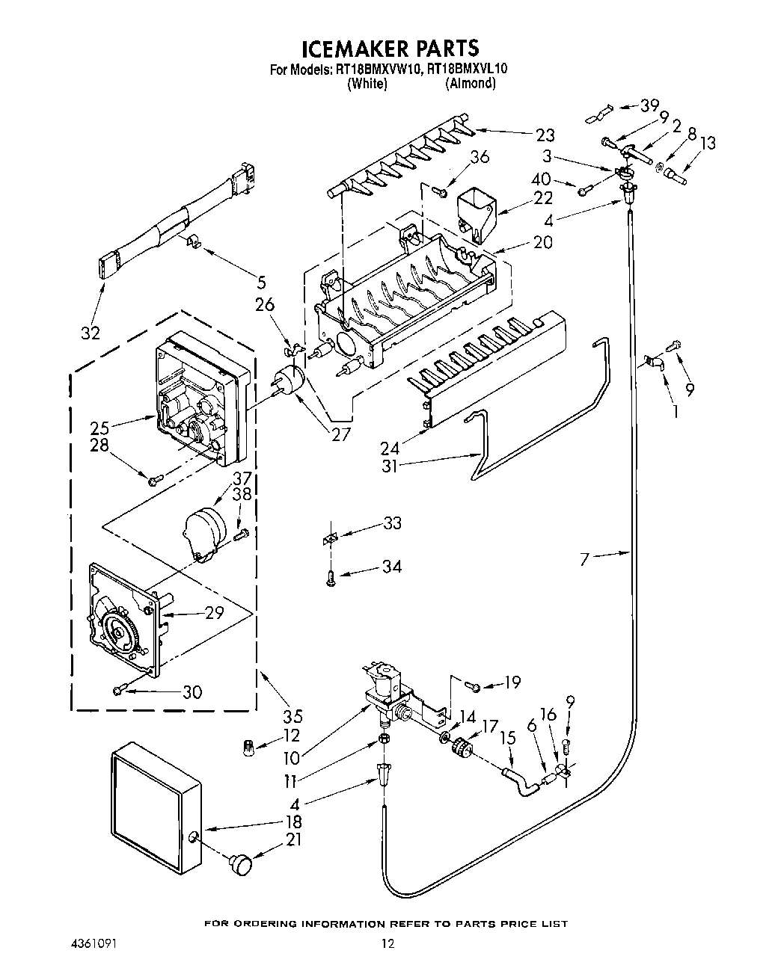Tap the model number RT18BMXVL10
tap(468, 70)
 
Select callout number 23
tap(545, 135)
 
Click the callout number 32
tap(91, 333)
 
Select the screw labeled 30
tap(119, 691)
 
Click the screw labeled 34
tap(331, 576)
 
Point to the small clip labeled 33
tap(330, 538)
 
